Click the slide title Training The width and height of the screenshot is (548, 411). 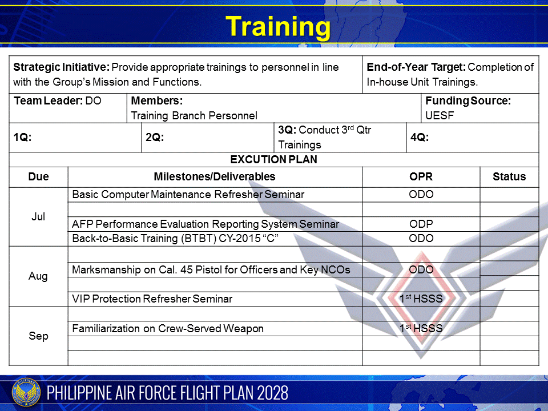click(277, 26)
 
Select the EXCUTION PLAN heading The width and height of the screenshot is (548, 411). click(273, 160)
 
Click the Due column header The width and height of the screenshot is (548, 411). click(38, 177)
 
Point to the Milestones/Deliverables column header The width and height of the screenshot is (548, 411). click(214, 177)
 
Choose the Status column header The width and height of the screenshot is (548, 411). click(509, 177)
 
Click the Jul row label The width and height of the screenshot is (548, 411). click(38, 217)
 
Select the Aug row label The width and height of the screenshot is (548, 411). click(38, 276)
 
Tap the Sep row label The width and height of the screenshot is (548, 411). click(38, 336)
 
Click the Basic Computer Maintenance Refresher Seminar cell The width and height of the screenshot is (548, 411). click(188, 195)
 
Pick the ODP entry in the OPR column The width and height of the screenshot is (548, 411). click(421, 224)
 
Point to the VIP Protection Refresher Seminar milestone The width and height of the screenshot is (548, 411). click(152, 299)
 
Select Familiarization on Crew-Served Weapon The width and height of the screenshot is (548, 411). click(168, 329)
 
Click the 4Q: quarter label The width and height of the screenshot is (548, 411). click(420, 138)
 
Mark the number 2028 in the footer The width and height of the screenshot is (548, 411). click(269, 393)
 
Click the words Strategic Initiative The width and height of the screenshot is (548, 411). click(61, 67)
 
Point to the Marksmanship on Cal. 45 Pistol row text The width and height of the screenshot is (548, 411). click(211, 269)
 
